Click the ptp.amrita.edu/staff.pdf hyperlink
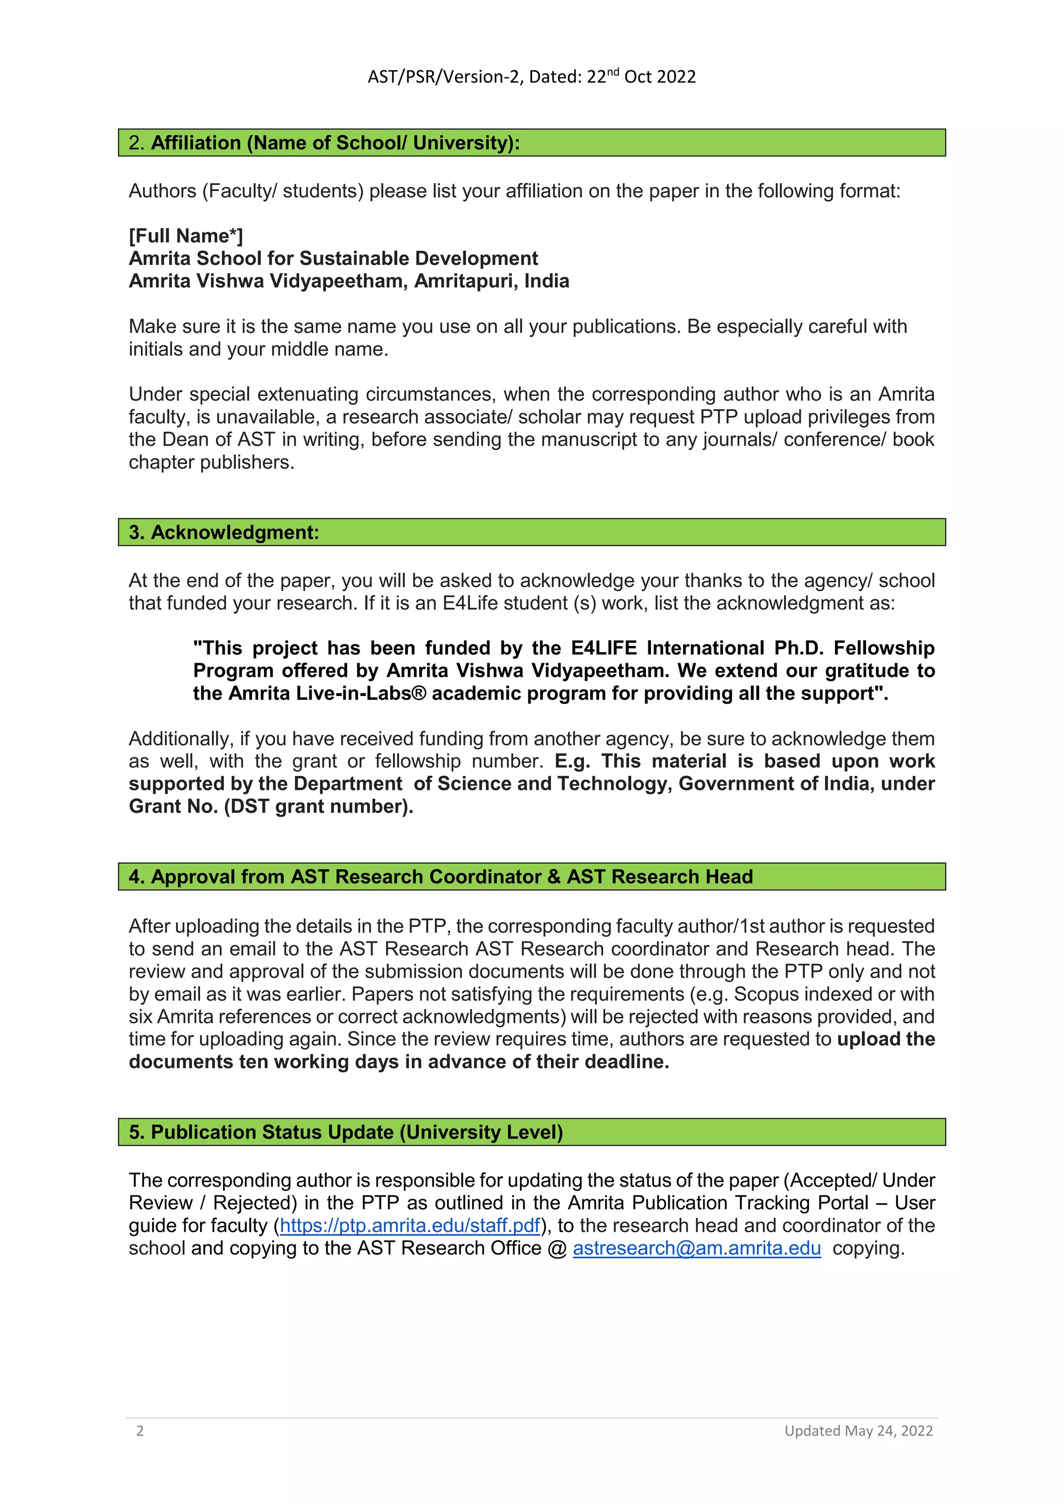tap(410, 1225)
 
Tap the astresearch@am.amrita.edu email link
tap(697, 1248)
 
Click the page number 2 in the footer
tap(140, 1431)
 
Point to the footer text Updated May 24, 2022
tap(858, 1431)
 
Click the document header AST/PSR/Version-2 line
tap(531, 77)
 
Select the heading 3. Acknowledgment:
tap(224, 532)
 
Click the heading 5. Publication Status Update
tap(346, 1132)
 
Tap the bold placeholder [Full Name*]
tap(185, 235)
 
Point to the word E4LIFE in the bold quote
tap(603, 648)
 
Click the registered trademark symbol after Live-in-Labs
tap(419, 693)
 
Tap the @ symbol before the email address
tap(557, 1248)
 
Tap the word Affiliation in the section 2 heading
tap(196, 142)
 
